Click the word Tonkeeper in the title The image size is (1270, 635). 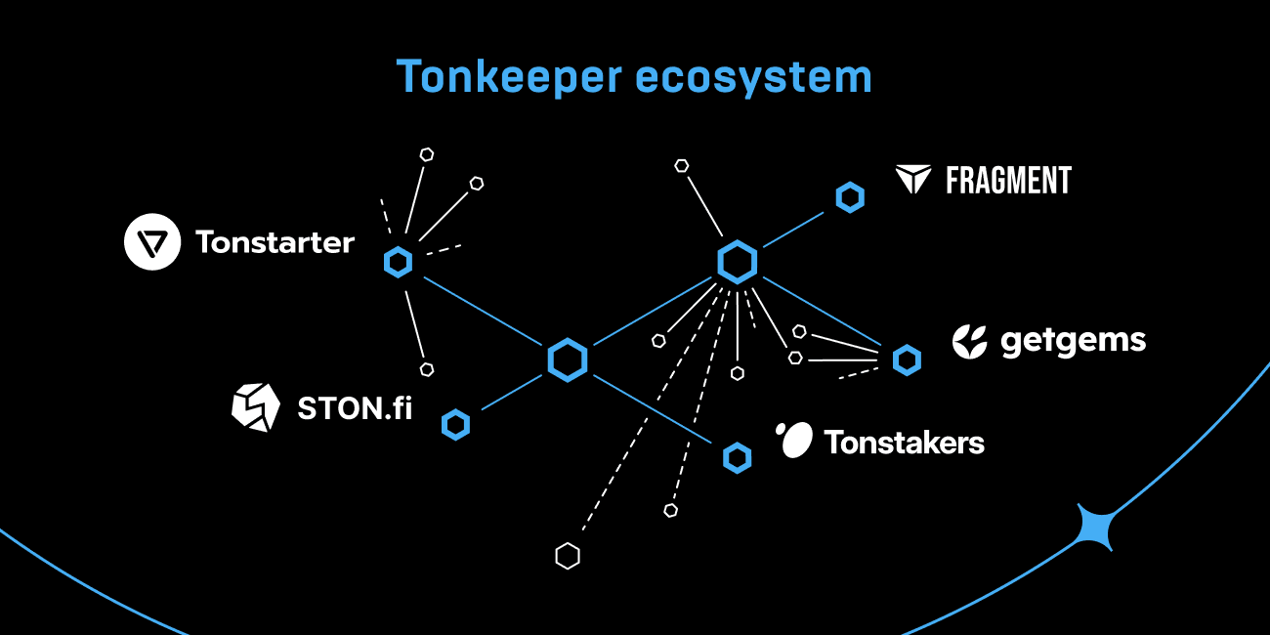510,77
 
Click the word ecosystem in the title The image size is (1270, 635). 753,77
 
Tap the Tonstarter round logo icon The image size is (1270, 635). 152,241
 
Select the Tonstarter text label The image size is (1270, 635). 275,242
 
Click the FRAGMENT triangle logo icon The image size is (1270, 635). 914,180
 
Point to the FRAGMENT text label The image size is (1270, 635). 1008,181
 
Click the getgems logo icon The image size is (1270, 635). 970,340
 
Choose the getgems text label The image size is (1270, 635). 1073,341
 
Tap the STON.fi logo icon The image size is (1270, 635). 255,406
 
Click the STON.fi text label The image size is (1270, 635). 354,407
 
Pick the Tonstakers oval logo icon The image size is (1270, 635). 794,441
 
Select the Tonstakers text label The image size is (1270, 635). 904,443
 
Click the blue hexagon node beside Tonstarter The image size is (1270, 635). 398,262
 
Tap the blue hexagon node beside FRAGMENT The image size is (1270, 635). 850,197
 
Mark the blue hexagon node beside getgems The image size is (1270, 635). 907,360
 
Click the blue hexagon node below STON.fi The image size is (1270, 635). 455,424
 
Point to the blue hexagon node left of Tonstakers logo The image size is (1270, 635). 737,456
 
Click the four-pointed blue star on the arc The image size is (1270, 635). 1095,528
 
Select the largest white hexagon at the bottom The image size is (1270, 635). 568,556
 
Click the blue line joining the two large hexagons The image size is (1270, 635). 652,312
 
